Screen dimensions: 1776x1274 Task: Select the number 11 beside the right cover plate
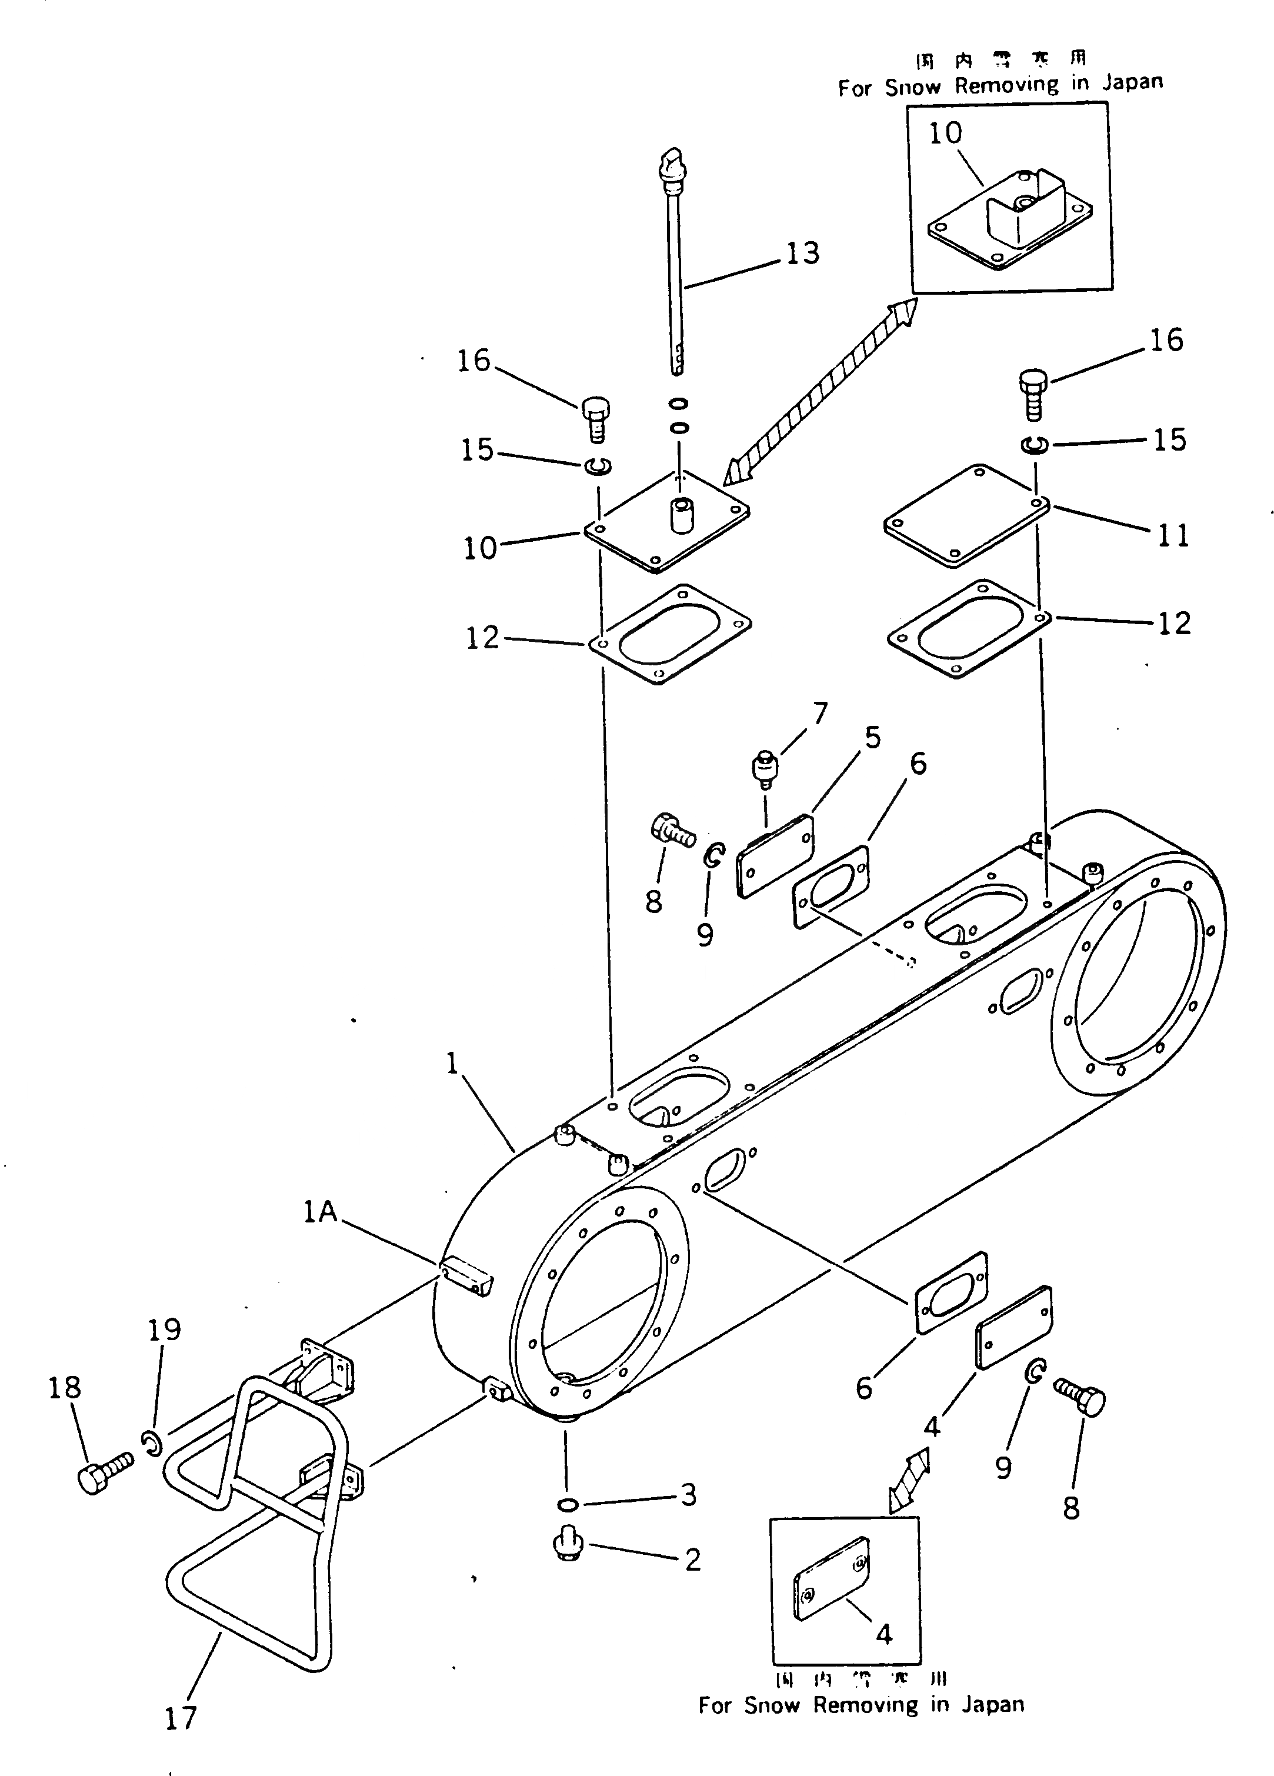pyautogui.click(x=1172, y=535)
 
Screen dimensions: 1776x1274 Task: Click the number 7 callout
pyautogui.click(x=820, y=712)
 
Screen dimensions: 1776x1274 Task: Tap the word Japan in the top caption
pyautogui.click(x=1132, y=82)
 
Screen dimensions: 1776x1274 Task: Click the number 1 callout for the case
pyautogui.click(x=452, y=1064)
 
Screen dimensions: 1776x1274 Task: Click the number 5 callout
pyautogui.click(x=872, y=737)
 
